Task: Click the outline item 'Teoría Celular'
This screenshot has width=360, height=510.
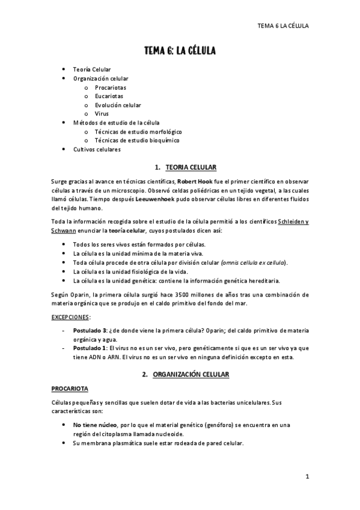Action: [92, 70]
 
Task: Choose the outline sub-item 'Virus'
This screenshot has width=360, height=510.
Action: [102, 113]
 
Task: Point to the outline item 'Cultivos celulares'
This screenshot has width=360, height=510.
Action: [97, 149]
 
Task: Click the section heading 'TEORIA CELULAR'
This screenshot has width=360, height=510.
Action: [191, 167]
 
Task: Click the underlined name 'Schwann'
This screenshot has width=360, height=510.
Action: [65, 230]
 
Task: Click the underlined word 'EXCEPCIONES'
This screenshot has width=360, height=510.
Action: [71, 316]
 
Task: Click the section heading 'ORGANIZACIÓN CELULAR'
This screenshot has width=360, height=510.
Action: [190, 375]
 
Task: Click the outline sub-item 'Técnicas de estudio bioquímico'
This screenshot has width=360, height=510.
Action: [137, 140]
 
